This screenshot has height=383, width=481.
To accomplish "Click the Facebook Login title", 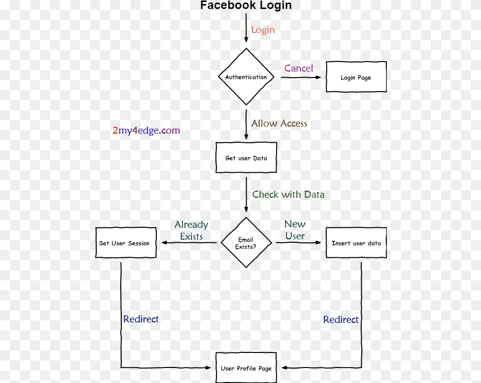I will click(246, 6).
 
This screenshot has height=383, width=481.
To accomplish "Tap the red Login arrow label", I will click(263, 30).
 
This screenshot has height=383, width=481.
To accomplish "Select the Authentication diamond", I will click(246, 77).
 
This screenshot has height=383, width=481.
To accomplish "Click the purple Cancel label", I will click(299, 69).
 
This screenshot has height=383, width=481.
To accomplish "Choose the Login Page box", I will click(356, 77).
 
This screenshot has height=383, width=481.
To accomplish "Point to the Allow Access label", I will click(279, 124).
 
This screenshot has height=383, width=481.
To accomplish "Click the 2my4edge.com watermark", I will click(146, 131).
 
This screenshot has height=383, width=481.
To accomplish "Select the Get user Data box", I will click(246, 158).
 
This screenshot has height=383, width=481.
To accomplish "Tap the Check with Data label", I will click(288, 195).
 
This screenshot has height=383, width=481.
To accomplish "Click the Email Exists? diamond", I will click(246, 243).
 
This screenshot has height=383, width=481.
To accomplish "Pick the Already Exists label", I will click(191, 231).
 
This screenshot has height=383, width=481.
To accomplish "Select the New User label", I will click(295, 230).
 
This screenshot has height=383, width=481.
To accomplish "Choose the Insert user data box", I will click(356, 243).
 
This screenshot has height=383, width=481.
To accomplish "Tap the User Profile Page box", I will click(246, 368).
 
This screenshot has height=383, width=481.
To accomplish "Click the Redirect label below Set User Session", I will click(141, 319).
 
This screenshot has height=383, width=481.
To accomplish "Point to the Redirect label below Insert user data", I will click(341, 320).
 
